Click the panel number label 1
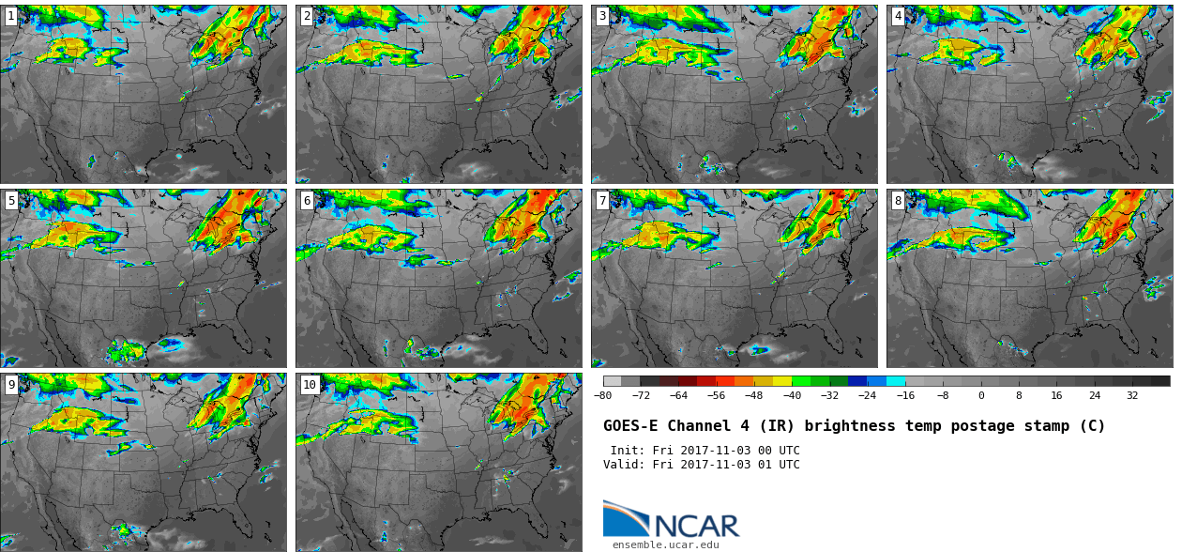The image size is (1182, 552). click(x=10, y=16)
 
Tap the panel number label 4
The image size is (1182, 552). click(x=898, y=16)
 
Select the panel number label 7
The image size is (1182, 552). click(x=602, y=200)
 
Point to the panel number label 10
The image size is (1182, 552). click(x=310, y=385)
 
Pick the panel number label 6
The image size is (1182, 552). click(x=307, y=200)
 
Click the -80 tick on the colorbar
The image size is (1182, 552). click(x=602, y=395)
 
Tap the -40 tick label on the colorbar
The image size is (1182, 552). click(x=792, y=395)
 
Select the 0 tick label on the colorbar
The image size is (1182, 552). click(x=981, y=395)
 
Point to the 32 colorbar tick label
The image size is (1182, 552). click(x=1132, y=395)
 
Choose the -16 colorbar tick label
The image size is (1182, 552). click(x=905, y=395)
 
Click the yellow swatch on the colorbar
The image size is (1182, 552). click(x=782, y=381)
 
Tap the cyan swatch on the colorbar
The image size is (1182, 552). click(x=896, y=381)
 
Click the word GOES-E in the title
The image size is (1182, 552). click(x=632, y=426)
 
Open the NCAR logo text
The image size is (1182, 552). click(x=696, y=526)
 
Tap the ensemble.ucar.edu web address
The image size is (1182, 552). click(x=665, y=544)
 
